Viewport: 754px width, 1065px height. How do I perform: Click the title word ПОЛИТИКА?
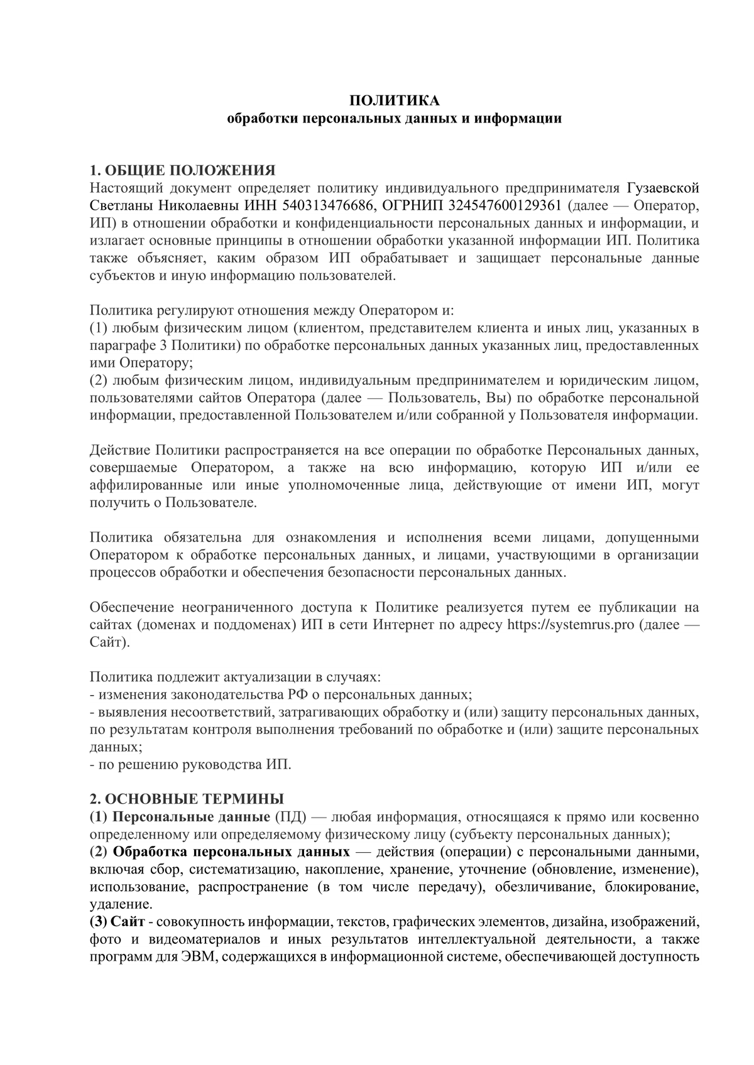click(394, 100)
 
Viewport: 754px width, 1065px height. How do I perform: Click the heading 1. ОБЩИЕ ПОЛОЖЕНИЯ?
click(183, 170)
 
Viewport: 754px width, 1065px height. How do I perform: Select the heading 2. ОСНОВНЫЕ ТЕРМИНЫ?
click(187, 799)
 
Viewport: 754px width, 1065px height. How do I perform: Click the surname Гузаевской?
click(663, 188)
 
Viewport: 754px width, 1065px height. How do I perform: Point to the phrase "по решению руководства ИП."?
click(191, 765)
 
